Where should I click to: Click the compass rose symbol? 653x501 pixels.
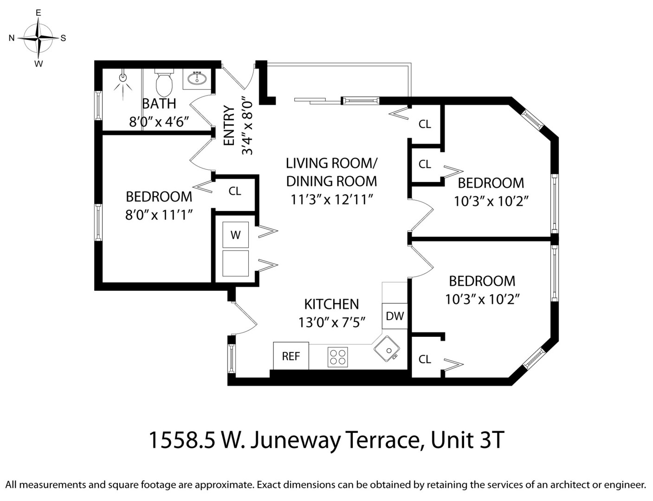(x=39, y=38)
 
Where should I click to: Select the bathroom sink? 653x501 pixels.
(x=198, y=79)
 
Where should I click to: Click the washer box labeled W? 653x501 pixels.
(x=235, y=235)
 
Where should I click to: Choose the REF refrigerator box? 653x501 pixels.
(x=291, y=356)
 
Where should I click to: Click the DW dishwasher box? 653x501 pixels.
(x=395, y=316)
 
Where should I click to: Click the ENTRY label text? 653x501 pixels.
(x=229, y=125)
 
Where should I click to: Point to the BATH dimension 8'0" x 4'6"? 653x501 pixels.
(x=159, y=122)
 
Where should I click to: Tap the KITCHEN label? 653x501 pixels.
(x=331, y=304)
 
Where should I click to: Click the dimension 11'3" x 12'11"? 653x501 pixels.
(x=332, y=199)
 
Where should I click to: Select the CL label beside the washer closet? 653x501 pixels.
(x=235, y=191)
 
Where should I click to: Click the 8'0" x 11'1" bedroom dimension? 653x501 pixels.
(x=159, y=215)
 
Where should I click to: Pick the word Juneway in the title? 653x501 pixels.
(x=295, y=440)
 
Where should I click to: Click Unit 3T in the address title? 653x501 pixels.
(x=467, y=440)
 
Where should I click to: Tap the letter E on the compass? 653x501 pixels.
(x=39, y=13)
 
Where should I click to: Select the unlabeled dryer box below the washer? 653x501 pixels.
(x=235, y=263)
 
